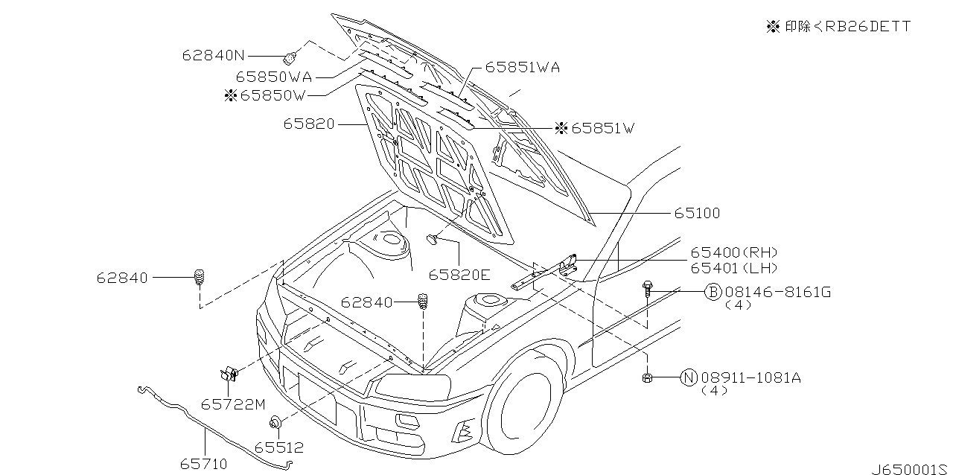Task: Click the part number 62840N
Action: [213, 55]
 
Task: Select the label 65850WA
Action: [273, 76]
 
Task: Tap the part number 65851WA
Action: [522, 67]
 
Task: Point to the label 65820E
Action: [459, 275]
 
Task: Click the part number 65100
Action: [697, 214]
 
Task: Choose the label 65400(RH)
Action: [734, 253]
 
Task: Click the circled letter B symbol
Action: [713, 292]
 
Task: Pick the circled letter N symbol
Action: [688, 377]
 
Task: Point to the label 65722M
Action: [232, 404]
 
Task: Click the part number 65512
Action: [278, 447]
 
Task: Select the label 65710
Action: [203, 464]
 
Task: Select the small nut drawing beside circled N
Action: [647, 378]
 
